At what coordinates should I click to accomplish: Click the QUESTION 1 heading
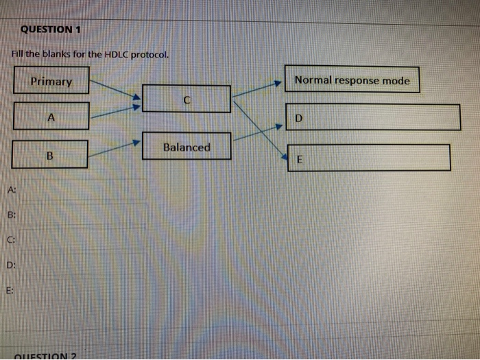[51, 29]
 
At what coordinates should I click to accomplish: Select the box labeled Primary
[51, 81]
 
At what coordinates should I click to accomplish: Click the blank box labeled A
[51, 116]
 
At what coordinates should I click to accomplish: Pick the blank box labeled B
[50, 154]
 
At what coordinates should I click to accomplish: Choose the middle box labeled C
[187, 99]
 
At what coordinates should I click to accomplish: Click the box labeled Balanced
[187, 147]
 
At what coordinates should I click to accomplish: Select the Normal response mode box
[352, 80]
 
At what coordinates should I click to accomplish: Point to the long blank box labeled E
[369, 158]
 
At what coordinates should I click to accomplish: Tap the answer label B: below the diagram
[12, 215]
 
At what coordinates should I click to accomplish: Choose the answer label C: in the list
[12, 239]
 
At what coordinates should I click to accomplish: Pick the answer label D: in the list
[12, 265]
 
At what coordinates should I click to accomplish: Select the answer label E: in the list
[11, 290]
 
